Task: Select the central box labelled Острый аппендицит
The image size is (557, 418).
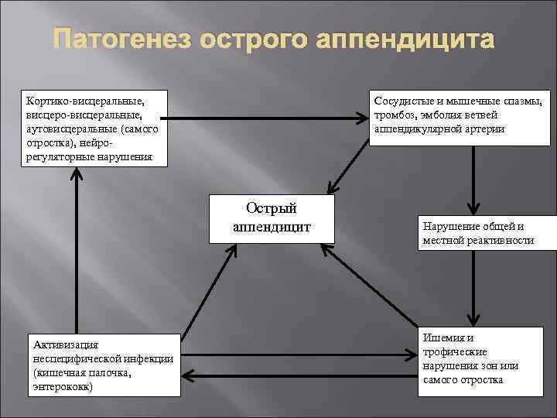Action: pos(272,218)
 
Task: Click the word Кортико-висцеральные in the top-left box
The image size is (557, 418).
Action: pos(85,100)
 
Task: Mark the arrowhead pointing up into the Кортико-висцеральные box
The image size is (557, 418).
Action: pos(76,175)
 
